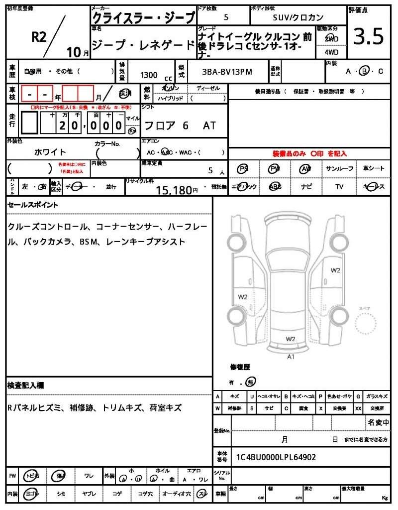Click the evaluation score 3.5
pyautogui.click(x=368, y=37)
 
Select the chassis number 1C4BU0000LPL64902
pyautogui.click(x=276, y=457)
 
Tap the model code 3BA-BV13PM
pyautogui.click(x=227, y=72)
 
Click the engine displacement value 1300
pyautogui.click(x=149, y=75)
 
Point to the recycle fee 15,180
pyautogui.click(x=174, y=189)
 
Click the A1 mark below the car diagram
pyautogui.click(x=291, y=357)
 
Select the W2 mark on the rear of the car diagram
pyautogui.click(x=291, y=339)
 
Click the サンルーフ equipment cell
pyautogui.click(x=340, y=169)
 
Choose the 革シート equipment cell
pyautogui.click(x=374, y=169)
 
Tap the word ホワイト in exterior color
pyautogui.click(x=50, y=152)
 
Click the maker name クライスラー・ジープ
pyautogui.click(x=143, y=18)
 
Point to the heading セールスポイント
pyautogui.click(x=33, y=205)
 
